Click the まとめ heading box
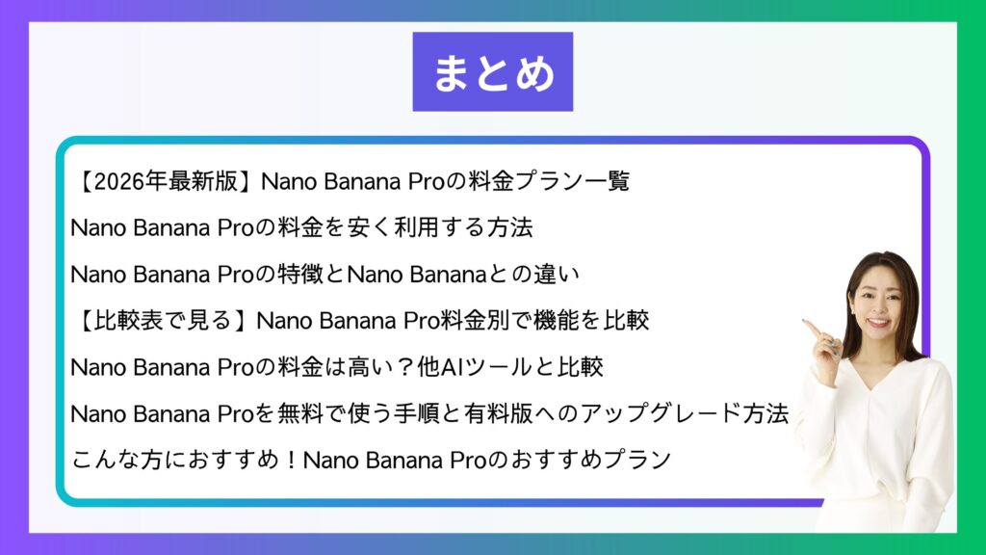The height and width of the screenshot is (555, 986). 492,71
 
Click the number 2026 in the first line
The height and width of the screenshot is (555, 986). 118,181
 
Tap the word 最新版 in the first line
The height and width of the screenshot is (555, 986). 203,181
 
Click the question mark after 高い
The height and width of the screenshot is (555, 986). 405,367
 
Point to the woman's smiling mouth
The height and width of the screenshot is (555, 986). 878,323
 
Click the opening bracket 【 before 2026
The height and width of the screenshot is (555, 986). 84,181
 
